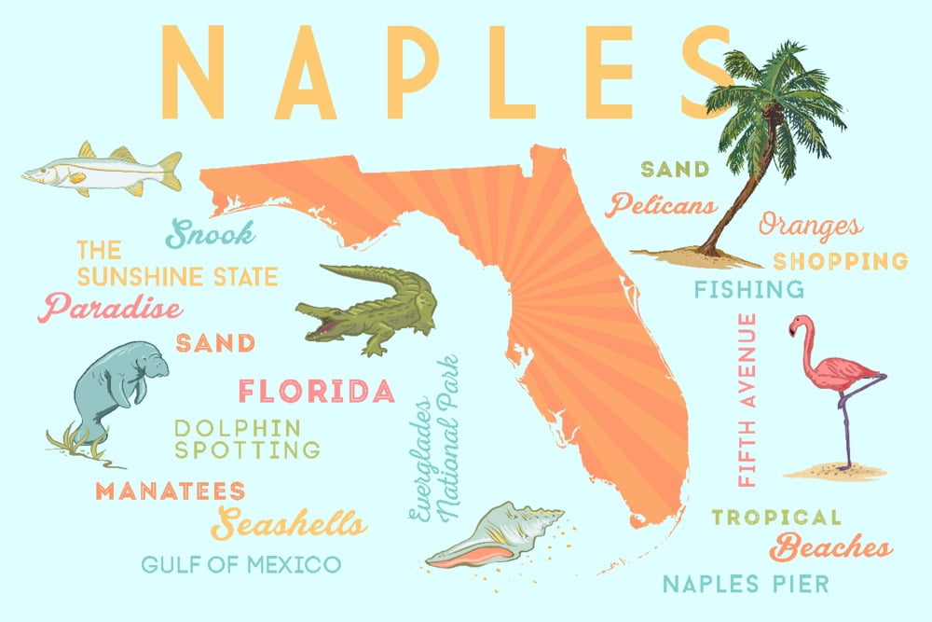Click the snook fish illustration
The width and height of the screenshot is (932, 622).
[103, 169]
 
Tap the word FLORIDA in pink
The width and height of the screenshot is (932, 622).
[315, 391]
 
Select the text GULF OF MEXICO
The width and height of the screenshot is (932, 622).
[240, 563]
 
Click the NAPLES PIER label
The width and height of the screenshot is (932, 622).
[745, 585]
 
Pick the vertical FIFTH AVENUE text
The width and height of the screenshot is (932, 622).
[747, 399]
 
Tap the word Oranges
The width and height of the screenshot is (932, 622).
[809, 225]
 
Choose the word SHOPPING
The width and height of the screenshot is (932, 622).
[840, 260]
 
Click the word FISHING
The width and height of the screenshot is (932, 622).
[748, 289]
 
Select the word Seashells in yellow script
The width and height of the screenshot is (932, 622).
[288, 523]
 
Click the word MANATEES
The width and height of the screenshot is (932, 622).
[170, 491]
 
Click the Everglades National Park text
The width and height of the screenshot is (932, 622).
[435, 438]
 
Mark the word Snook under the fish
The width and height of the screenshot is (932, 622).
[211, 233]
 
